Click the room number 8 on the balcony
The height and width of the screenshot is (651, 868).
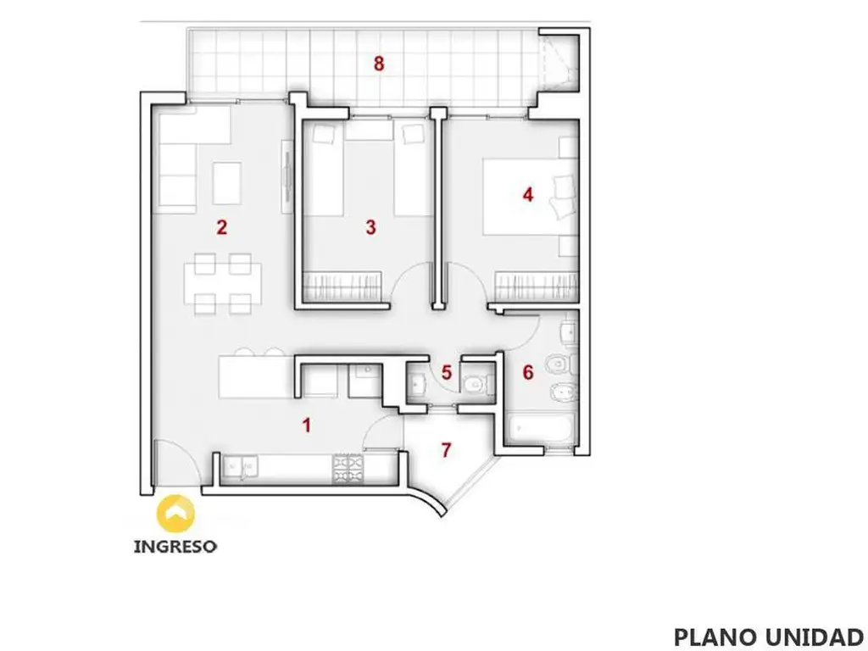coord(379,64)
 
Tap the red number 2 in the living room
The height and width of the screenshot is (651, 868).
coord(222,227)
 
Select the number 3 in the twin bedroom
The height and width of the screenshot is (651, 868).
coord(371,227)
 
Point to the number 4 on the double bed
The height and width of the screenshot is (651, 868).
coord(528,195)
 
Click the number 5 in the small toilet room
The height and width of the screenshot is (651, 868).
coord(447,373)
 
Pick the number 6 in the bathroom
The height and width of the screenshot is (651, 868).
coord(528,373)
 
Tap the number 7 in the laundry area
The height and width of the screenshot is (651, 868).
coord(446,451)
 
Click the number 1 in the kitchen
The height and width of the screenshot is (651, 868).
coord(306,426)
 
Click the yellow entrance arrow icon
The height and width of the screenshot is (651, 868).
coord(176,514)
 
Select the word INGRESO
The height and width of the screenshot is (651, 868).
coord(175,547)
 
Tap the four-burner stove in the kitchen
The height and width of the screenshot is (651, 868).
coord(348,468)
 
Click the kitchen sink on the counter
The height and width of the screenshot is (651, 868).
coord(240,466)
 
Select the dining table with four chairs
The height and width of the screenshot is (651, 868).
coord(223,284)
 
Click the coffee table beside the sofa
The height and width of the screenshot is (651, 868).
coord(227,183)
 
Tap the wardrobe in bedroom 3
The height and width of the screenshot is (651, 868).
coord(342,287)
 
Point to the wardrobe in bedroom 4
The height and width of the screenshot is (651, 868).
coord(537,287)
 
